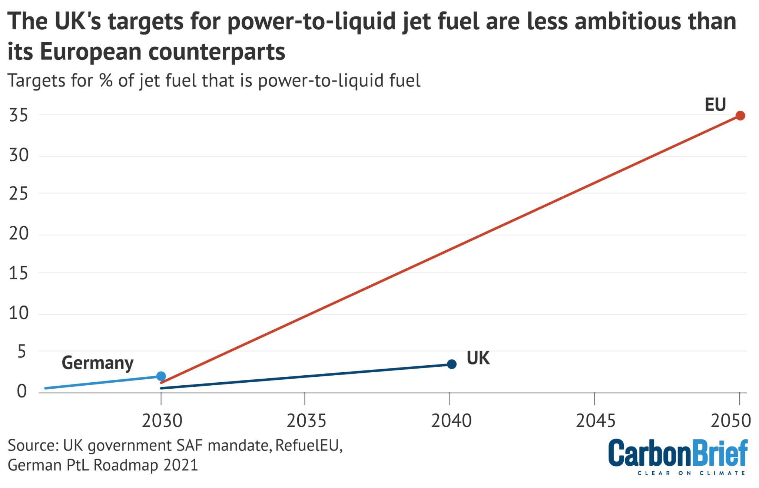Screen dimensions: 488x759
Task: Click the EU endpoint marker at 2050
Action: click(x=740, y=116)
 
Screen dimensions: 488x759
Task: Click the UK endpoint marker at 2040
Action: click(x=451, y=364)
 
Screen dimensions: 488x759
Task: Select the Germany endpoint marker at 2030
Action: click(x=161, y=376)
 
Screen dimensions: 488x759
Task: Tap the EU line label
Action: click(x=715, y=105)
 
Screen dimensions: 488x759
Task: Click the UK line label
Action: click(x=478, y=358)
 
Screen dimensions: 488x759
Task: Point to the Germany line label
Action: click(x=97, y=363)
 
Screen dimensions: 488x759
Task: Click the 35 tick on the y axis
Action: click(x=19, y=116)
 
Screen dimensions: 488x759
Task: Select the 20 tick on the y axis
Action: click(x=19, y=234)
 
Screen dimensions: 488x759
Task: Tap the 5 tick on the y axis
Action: click(x=22, y=352)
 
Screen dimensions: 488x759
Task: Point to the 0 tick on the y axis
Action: click(x=22, y=391)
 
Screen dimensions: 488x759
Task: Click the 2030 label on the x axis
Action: click(x=162, y=421)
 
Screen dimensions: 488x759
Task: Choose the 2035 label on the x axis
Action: click(x=306, y=421)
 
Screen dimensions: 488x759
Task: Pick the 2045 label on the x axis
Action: click(x=596, y=421)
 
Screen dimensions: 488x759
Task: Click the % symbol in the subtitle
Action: click(x=106, y=80)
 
